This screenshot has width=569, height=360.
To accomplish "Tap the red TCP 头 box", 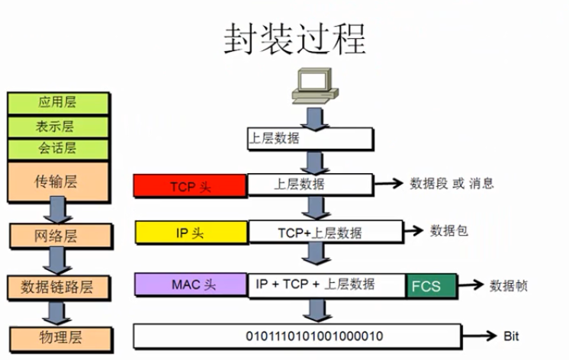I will (190, 185).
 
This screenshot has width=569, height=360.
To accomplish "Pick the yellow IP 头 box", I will (191, 233).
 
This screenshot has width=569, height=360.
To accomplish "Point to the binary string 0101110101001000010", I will (314, 336).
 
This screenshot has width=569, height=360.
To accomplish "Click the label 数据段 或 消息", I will (452, 183).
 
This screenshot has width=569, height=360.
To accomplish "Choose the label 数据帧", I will (509, 285).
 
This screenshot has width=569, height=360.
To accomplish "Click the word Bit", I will (511, 336).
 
